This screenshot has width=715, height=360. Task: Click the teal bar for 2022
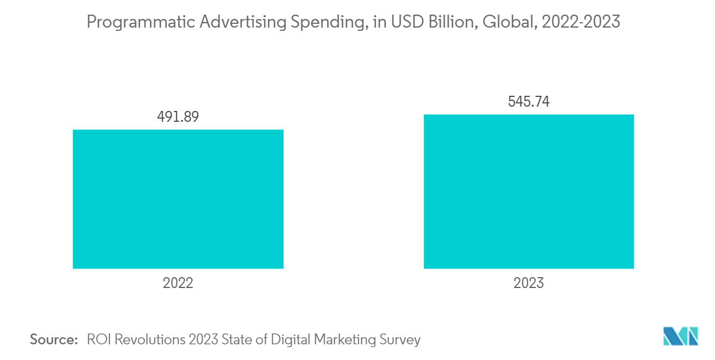click(178, 199)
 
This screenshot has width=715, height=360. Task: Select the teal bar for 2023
click(529, 191)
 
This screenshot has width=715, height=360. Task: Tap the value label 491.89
click(178, 117)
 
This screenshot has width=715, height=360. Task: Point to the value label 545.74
click(529, 102)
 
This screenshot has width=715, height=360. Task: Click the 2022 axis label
click(178, 283)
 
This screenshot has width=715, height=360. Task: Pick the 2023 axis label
click(529, 283)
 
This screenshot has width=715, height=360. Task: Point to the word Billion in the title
click(445, 22)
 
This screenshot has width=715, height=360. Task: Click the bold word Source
click(54, 340)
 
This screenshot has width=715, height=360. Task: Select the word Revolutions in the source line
click(146, 340)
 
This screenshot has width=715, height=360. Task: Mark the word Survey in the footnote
click(401, 340)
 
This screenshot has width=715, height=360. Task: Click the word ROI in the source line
click(97, 340)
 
